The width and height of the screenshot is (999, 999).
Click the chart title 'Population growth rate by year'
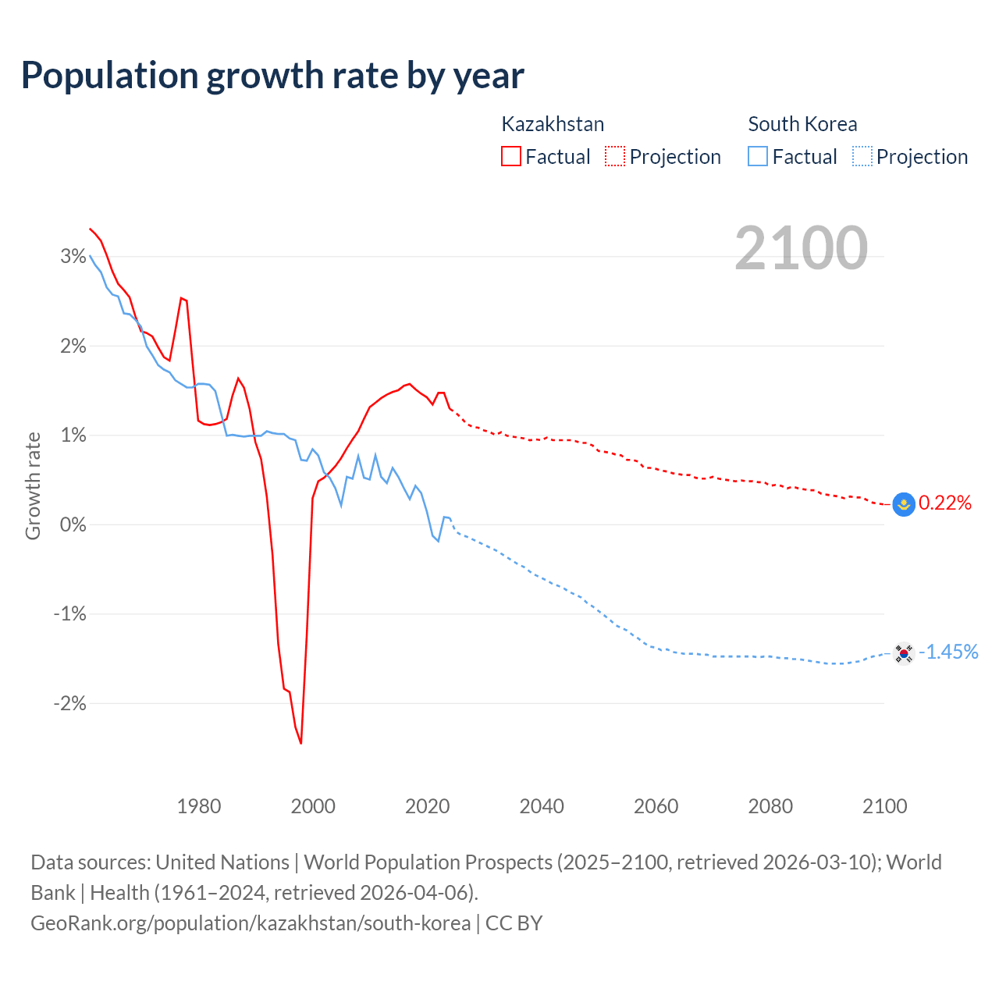[x=272, y=75]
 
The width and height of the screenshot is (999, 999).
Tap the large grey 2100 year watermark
[x=801, y=248]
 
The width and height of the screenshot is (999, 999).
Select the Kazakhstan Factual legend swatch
[x=511, y=156]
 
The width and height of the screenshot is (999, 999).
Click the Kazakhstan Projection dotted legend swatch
[x=615, y=156]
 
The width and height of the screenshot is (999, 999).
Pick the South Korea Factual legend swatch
[x=758, y=156]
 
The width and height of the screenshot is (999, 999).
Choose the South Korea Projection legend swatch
[x=862, y=156]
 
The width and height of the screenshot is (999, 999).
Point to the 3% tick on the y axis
[x=73, y=256]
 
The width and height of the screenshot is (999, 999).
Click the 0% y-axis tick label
[x=73, y=524]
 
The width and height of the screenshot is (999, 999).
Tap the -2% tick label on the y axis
[x=70, y=703]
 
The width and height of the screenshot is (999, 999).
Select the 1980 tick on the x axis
[x=199, y=806]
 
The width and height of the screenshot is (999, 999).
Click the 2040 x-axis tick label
[x=542, y=806]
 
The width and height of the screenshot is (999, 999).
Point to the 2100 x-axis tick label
[x=884, y=806]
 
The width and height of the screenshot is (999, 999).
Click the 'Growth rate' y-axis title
[x=33, y=485]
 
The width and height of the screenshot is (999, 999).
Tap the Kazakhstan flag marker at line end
[x=904, y=505]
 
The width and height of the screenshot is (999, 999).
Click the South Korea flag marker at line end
[x=904, y=652]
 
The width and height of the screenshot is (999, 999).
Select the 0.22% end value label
[x=945, y=503]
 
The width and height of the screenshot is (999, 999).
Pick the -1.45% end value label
[x=948, y=652]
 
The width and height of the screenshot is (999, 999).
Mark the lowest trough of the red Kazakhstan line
[x=301, y=743]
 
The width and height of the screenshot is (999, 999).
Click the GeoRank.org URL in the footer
[x=251, y=923]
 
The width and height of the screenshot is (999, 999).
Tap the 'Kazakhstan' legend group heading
[x=553, y=124]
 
